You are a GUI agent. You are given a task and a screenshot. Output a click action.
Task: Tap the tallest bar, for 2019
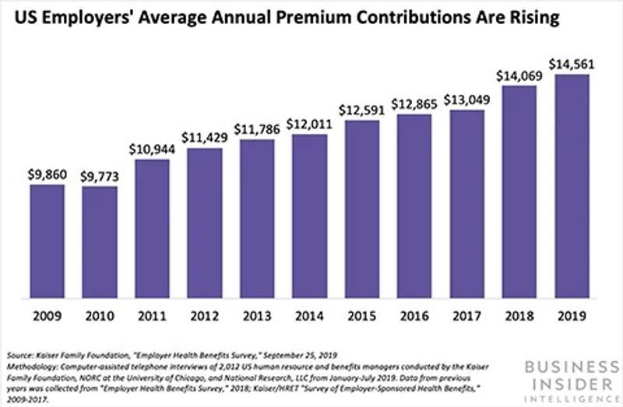(x=572, y=187)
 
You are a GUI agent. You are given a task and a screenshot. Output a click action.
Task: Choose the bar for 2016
(x=414, y=206)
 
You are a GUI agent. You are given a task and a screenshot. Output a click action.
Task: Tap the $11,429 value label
(x=204, y=135)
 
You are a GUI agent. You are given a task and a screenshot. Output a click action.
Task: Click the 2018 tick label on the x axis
(x=519, y=318)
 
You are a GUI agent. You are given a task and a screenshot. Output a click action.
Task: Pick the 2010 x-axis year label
(x=100, y=318)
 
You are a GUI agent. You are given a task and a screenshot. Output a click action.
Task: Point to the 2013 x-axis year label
(x=257, y=318)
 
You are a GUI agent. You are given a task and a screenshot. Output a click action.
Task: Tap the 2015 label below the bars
(x=361, y=318)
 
